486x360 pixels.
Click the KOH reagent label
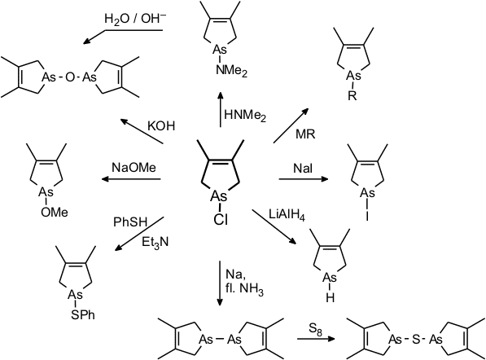pyautogui.click(x=161, y=126)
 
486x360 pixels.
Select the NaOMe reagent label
pyautogui.click(x=134, y=168)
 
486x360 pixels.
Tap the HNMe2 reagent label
pyautogui.click(x=245, y=116)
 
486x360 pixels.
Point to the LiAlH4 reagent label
pyautogui.click(x=287, y=216)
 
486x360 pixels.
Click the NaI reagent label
pyautogui.click(x=303, y=169)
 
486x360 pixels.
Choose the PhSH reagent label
pyautogui.click(x=130, y=222)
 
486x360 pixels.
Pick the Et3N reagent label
pyautogui.click(x=155, y=242)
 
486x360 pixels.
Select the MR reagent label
pyautogui.click(x=305, y=134)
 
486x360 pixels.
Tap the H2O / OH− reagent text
pyautogui.click(x=135, y=20)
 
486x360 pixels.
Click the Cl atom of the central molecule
pyautogui.click(x=221, y=220)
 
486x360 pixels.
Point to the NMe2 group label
pyautogui.click(x=231, y=71)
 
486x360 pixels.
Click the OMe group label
pyautogui.click(x=55, y=213)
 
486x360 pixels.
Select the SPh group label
pyautogui.click(x=83, y=315)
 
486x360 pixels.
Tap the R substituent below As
pyautogui.click(x=352, y=96)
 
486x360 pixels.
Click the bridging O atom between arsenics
pyautogui.click(x=70, y=77)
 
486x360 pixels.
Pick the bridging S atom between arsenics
pyautogui.click(x=416, y=340)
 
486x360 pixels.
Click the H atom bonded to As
pyautogui.click(x=330, y=298)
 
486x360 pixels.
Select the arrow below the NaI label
pyautogui.click(x=304, y=179)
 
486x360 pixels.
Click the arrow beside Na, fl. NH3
pyautogui.click(x=220, y=283)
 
